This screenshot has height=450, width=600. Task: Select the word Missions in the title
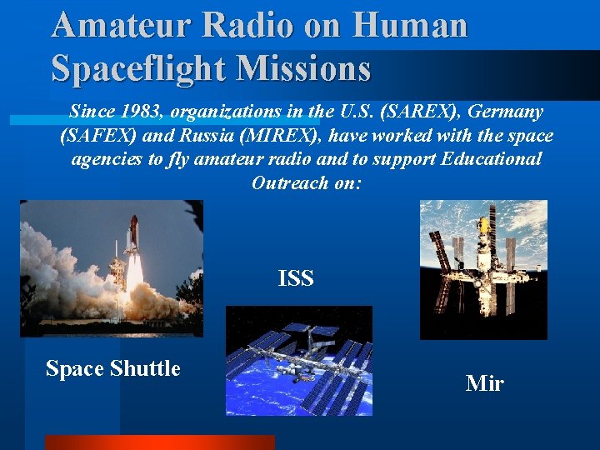coord(303,67)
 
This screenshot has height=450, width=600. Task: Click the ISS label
coord(296,278)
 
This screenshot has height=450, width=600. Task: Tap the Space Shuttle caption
coord(112,368)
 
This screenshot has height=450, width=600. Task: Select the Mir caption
coord(484,383)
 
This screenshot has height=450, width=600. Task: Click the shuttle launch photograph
coord(111,268)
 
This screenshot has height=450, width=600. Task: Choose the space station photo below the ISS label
coord(298,360)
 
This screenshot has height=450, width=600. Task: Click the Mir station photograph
coord(483,269)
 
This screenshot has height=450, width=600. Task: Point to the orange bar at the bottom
coord(158,442)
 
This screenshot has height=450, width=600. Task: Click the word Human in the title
coord(410,25)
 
